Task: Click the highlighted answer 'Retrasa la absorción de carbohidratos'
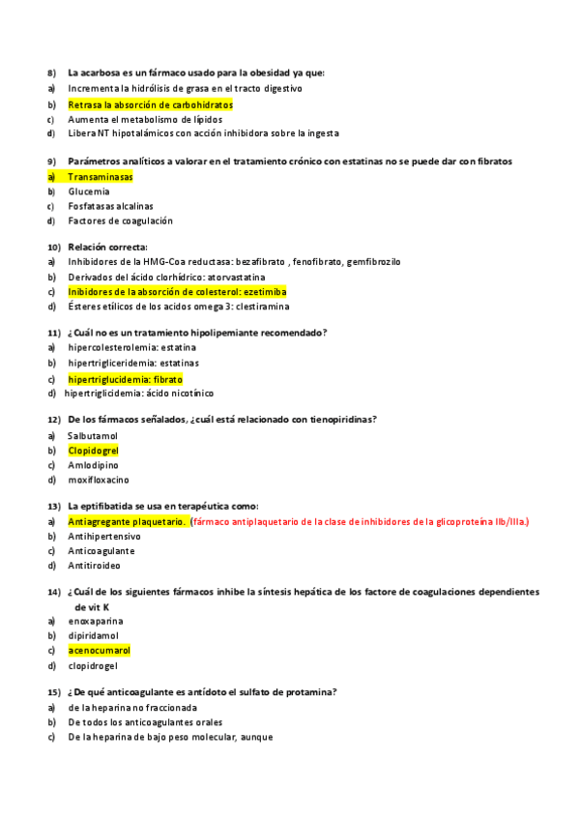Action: (x=150, y=104)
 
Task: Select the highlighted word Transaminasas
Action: (x=101, y=177)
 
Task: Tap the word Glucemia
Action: (x=89, y=191)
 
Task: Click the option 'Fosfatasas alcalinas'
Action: (x=110, y=206)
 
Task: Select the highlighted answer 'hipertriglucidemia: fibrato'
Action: (x=125, y=379)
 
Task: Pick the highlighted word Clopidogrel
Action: (x=93, y=451)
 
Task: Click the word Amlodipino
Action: (x=94, y=465)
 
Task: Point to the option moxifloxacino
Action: (x=99, y=480)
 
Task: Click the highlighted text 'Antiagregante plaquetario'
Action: (x=126, y=522)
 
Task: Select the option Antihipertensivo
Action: (x=104, y=537)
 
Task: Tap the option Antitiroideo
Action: (x=95, y=565)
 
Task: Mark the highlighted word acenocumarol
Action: (x=99, y=651)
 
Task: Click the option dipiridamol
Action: (x=94, y=636)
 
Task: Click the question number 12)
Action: (x=54, y=420)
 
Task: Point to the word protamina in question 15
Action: (x=312, y=692)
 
